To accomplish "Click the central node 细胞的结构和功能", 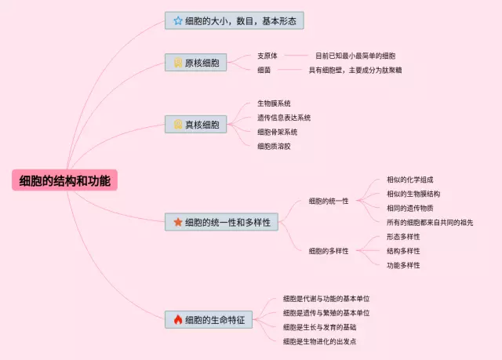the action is coord(64,180).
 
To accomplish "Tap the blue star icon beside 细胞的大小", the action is coord(178,21).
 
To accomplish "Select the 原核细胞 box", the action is coord(195,63).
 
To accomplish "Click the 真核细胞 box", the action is coord(195,124).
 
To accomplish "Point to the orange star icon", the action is coord(178,222).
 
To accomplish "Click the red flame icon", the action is coord(178,319).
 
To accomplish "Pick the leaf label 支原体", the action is coord(267,56).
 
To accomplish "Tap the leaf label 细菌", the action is coord(264,70).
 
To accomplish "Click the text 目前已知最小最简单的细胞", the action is coord(355,56).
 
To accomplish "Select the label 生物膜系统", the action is coord(274,104).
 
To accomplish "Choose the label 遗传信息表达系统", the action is coord(284,118).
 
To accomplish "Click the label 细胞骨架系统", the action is coord(277,132).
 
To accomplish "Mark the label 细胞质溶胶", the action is coord(274,146).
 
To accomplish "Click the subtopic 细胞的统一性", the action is coord(329,201).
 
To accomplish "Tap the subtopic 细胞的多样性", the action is coord(329,251).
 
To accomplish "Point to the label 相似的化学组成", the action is coord(409,180).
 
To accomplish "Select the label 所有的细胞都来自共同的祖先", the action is coord(430,223).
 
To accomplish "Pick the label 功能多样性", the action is coord(403,265).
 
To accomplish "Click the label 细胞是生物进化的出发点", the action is coord(319,341).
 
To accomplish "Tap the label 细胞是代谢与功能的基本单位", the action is coord(326,299).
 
